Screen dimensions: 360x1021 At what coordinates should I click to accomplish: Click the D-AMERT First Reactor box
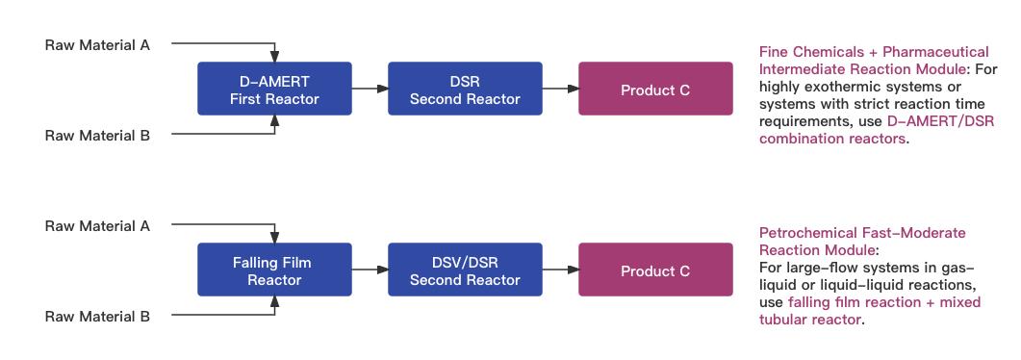(274, 90)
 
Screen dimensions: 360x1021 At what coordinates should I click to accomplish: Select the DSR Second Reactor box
(465, 90)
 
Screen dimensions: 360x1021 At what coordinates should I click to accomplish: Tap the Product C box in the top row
(654, 90)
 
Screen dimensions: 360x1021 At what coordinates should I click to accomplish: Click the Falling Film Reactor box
(274, 270)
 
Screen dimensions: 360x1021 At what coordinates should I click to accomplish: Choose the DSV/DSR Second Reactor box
(465, 270)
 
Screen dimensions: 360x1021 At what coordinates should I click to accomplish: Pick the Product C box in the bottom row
(654, 270)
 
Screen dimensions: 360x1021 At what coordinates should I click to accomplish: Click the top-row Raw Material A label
(97, 44)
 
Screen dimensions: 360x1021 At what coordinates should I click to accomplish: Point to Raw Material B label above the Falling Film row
(97, 136)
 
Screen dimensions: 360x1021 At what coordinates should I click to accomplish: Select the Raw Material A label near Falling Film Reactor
(97, 225)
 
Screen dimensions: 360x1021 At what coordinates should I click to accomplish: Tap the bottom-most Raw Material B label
(97, 316)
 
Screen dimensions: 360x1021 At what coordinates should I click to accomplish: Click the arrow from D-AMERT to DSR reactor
(370, 90)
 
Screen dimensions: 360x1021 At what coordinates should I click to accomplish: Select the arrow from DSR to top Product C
(560, 90)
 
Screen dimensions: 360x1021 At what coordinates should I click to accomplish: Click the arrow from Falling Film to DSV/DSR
(370, 270)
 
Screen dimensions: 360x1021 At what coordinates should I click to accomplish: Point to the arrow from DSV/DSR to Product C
(560, 270)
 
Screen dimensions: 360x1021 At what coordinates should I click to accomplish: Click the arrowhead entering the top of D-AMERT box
(275, 57)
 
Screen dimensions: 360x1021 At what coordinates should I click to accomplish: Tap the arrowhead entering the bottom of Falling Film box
(275, 302)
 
